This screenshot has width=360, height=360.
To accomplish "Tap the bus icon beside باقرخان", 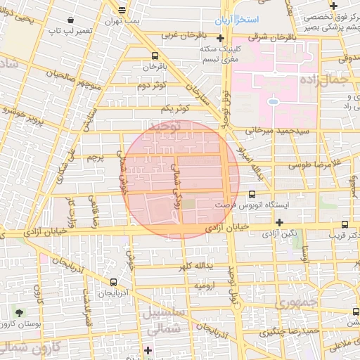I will coord(154,56).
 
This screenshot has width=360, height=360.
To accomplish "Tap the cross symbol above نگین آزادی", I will coord(279,222).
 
